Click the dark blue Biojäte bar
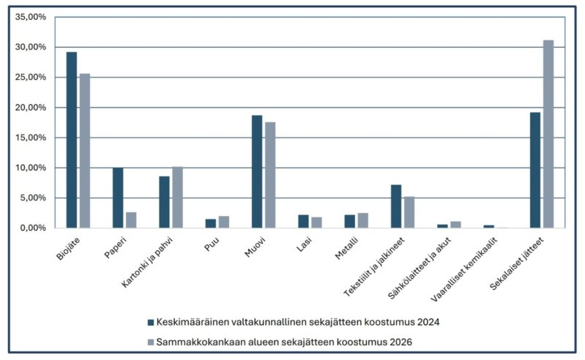coord(72,140)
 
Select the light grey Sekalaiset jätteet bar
coord(548,134)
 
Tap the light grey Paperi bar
coord(131,220)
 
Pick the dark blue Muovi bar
coord(257,171)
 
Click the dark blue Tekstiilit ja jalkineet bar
coord(396,206)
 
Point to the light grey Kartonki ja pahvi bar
coord(178,197)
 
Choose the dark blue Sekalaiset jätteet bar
coord(535,170)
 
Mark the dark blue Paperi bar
coord(118,198)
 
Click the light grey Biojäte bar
coord(85,151)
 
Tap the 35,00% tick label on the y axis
coord(31,17)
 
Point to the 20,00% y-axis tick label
coord(31,108)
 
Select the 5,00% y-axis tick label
coord(32,198)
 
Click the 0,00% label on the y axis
coord(32,228)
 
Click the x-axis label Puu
coord(212,244)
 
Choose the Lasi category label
coord(304,244)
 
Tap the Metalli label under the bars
coord(346,248)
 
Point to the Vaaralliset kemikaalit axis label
coord(463,269)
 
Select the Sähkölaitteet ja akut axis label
coord(420,268)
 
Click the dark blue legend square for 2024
coord(151,323)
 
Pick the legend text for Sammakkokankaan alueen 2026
coord(284,342)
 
